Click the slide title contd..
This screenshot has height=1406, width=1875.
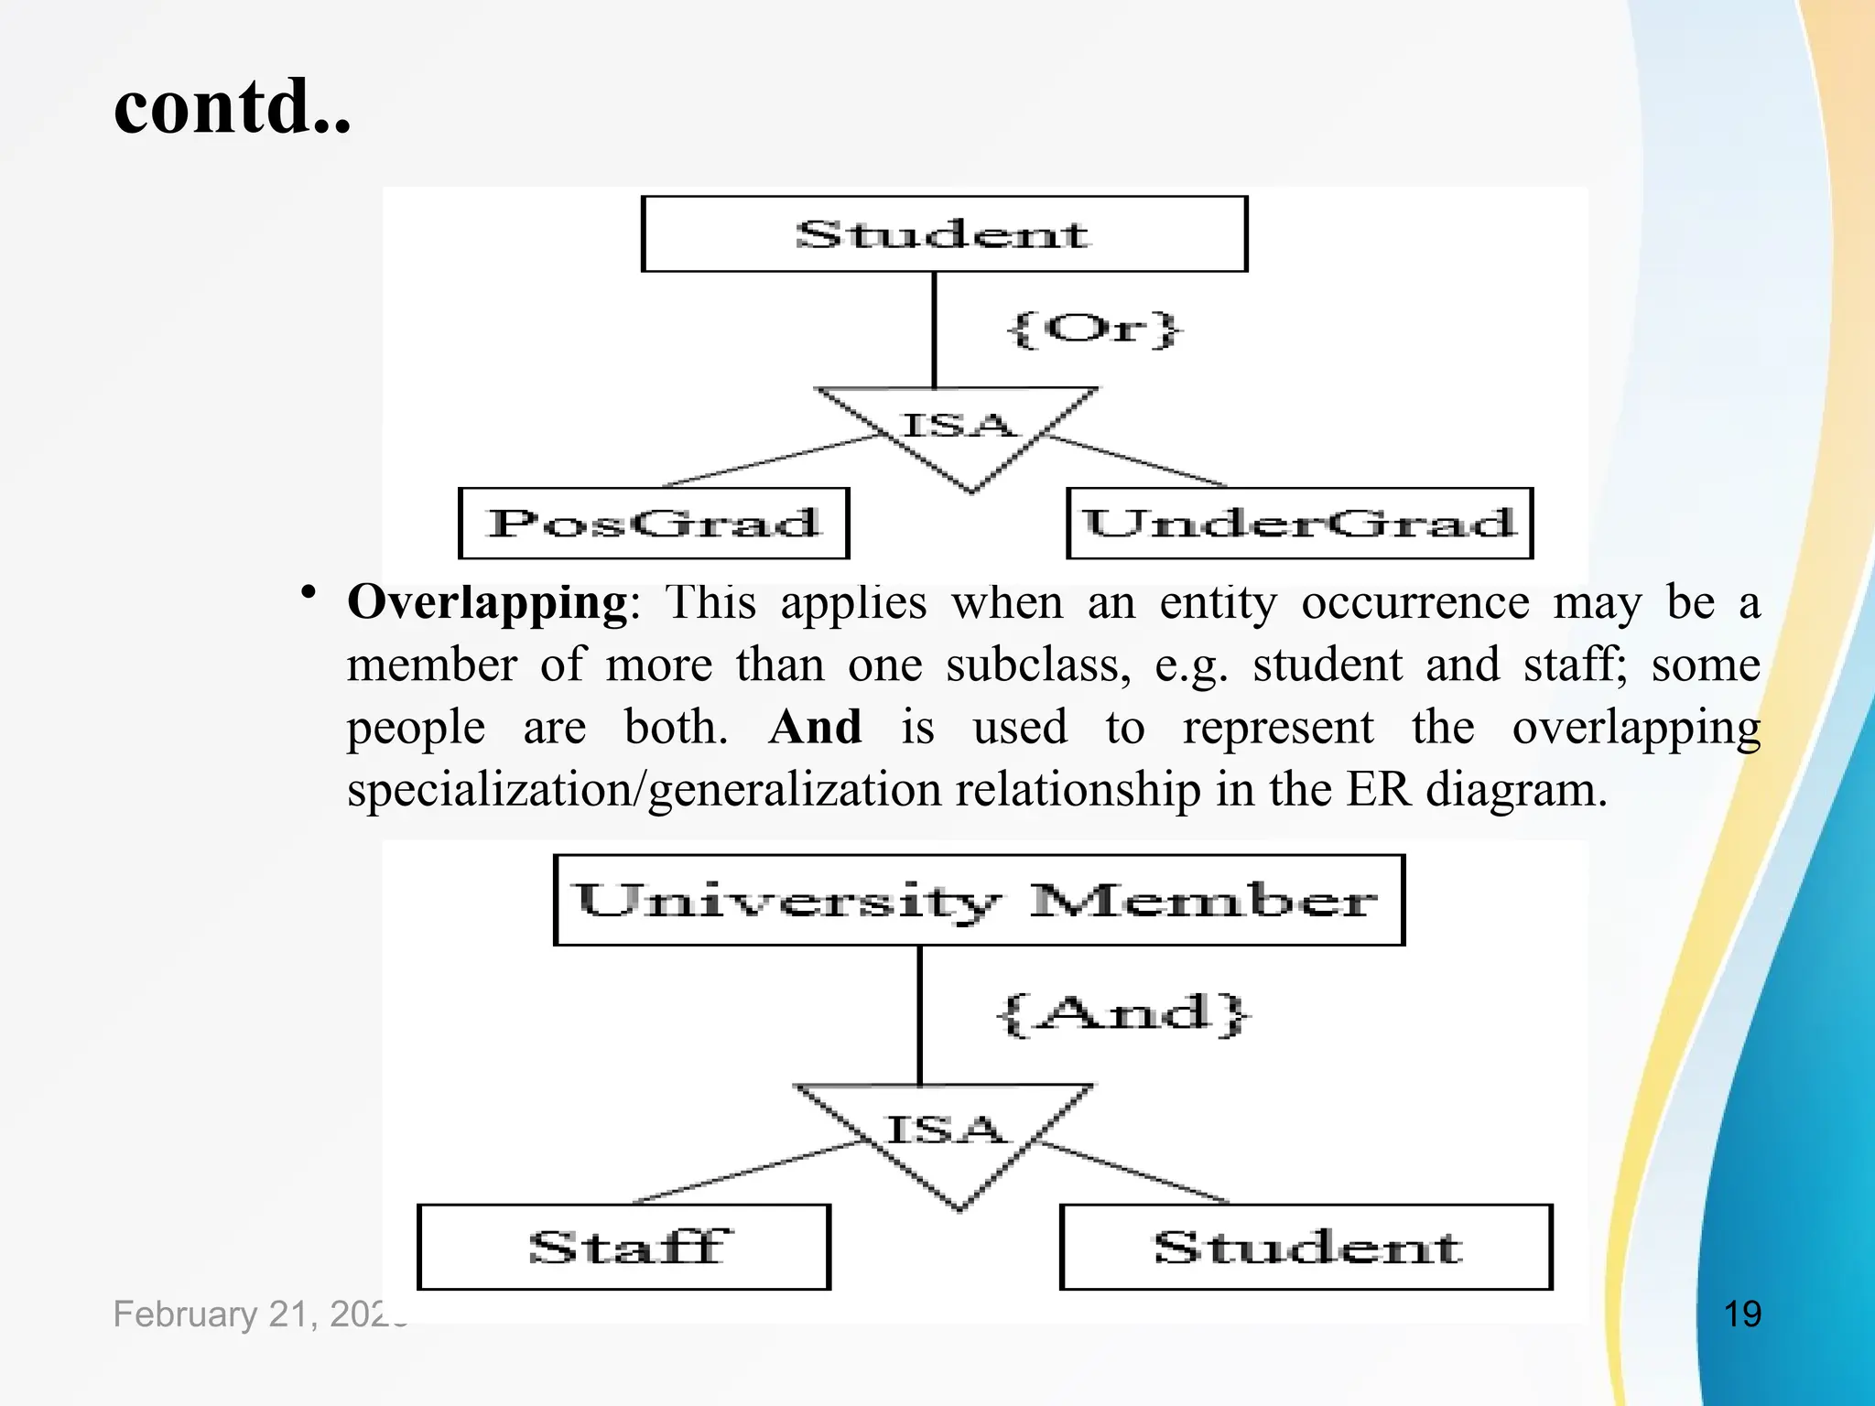233,107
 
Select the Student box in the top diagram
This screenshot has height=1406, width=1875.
944,234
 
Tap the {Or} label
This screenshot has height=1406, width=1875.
1094,329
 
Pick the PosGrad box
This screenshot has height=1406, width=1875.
654,524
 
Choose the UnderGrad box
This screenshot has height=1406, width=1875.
1299,524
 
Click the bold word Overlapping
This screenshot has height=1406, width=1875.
487,603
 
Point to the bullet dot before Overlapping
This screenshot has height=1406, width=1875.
309,592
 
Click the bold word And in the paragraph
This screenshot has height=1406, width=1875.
815,728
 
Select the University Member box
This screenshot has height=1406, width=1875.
979,901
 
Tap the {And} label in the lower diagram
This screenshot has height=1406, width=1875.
1122,1014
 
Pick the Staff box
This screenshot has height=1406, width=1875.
623,1247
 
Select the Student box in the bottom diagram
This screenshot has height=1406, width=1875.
1306,1247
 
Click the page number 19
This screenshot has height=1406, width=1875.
1741,1314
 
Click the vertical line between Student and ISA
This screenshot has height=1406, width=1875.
934,330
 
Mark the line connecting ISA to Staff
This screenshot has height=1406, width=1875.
751,1172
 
